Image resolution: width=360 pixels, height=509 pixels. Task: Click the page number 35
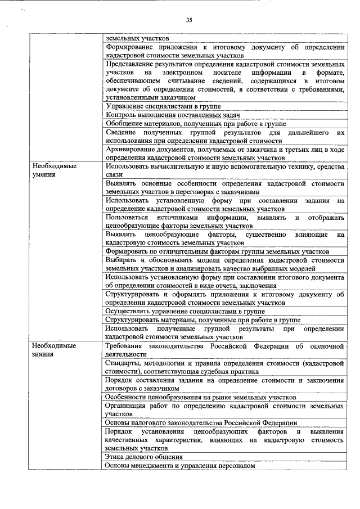pyautogui.click(x=189, y=20)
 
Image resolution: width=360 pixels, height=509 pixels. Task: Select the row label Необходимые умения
pyautogui.click(x=54, y=171)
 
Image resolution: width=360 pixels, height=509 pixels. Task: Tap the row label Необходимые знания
pyautogui.click(x=54, y=350)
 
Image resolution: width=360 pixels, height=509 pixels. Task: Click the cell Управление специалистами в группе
pyautogui.click(x=163, y=106)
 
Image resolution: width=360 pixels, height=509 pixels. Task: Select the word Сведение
pyautogui.click(x=121, y=132)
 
